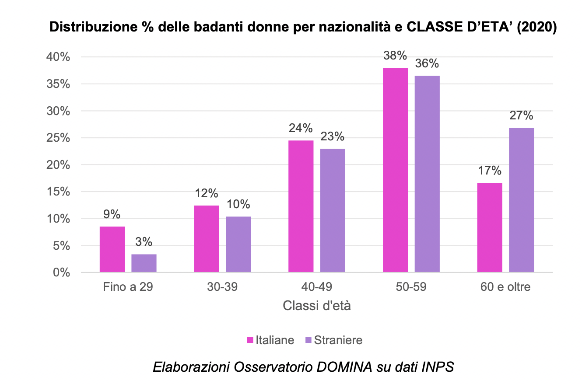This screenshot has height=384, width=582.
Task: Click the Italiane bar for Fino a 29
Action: (112, 249)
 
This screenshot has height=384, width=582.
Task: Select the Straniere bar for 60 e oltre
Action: (521, 200)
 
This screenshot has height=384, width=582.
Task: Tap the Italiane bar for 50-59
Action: (395, 170)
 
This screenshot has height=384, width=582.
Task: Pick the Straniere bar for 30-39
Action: (238, 244)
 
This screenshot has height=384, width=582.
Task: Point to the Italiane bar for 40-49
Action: (301, 206)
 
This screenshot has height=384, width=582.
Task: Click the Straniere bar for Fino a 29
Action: (144, 263)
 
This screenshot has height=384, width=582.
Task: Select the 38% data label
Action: (395, 56)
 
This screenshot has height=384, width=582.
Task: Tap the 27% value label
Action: (521, 116)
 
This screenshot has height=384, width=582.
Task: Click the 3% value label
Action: (144, 242)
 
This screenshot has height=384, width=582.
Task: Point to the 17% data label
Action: (490, 171)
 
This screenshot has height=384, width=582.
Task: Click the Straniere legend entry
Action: (333, 340)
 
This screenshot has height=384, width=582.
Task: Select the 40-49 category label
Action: (317, 287)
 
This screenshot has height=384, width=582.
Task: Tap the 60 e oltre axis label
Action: (505, 287)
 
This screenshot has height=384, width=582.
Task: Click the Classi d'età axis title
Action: (317, 305)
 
